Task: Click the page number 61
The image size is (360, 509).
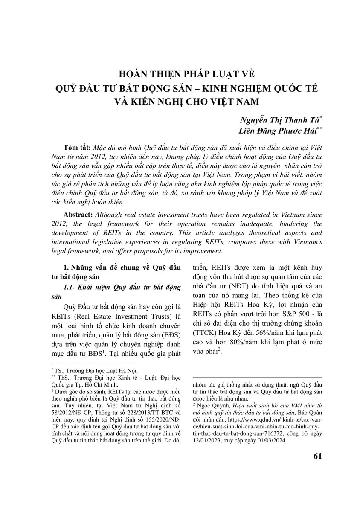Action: click(317, 456)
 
